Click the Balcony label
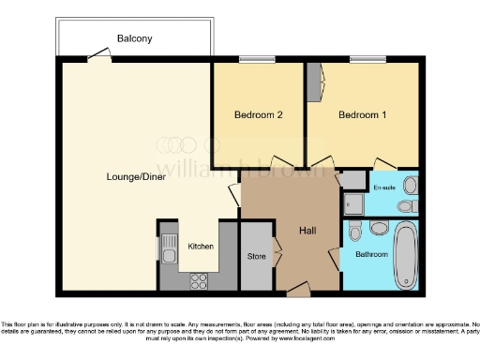135,38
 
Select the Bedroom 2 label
259,115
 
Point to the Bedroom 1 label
363,115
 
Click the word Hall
307,231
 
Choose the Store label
257,255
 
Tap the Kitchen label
201,246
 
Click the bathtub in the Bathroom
406,255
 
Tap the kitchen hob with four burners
200,278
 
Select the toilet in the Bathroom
353,230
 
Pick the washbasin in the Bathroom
378,228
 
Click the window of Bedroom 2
252,61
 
